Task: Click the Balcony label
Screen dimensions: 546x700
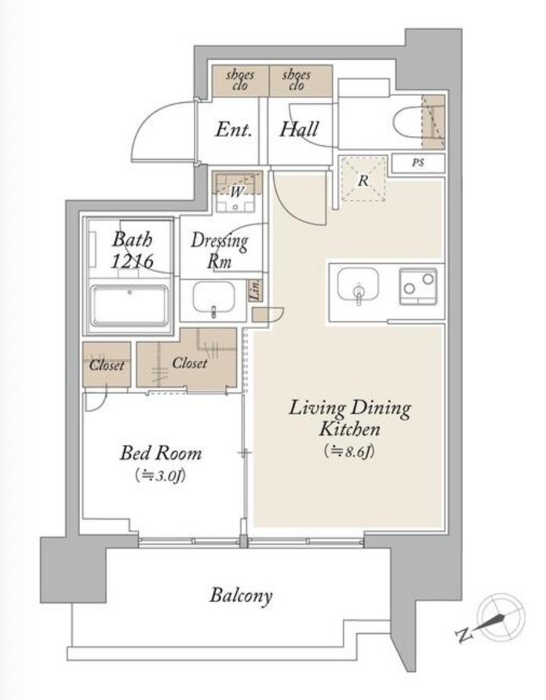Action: point(241,596)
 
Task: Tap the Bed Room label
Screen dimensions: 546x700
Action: point(161,453)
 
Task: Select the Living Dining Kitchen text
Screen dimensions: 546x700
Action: point(350,417)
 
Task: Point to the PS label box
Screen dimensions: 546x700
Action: point(418,163)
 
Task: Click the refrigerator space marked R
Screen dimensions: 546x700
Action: point(363,179)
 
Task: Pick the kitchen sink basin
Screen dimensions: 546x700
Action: point(358,284)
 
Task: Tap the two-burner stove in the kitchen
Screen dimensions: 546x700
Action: point(418,286)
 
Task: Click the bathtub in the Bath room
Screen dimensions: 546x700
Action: point(130,305)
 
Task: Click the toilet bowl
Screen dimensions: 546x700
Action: point(408,121)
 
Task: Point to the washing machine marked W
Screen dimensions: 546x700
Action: point(235,192)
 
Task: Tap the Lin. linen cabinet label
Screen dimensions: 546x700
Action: point(256,290)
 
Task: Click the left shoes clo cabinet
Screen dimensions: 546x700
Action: point(240,80)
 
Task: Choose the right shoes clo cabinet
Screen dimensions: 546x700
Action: point(301,80)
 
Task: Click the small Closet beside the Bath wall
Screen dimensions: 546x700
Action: point(107,365)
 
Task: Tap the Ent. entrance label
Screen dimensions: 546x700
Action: point(234,129)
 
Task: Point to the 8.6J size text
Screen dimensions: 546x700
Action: point(350,451)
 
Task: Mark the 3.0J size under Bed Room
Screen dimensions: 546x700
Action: point(161,476)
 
